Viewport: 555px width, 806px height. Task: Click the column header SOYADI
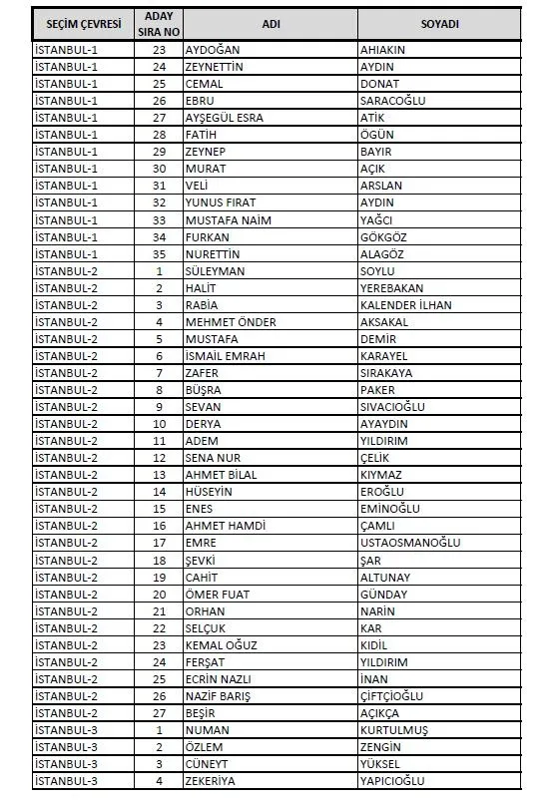[439, 23]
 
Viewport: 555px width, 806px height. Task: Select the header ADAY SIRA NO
[159, 23]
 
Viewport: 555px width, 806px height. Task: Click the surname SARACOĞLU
[392, 101]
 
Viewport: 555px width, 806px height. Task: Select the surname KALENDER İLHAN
[405, 304]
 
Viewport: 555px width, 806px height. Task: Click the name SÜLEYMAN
[215, 270]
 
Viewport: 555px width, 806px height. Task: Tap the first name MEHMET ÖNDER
[231, 321]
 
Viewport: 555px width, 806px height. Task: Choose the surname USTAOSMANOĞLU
[409, 542]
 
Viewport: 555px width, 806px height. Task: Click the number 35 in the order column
[159, 253]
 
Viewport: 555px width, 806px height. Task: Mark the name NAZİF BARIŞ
[218, 694]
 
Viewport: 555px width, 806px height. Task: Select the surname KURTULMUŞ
[394, 729]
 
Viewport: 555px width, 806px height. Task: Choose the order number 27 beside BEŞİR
[159, 712]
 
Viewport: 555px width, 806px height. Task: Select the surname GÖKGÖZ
[383, 236]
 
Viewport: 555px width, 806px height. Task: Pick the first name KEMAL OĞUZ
[221, 644]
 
